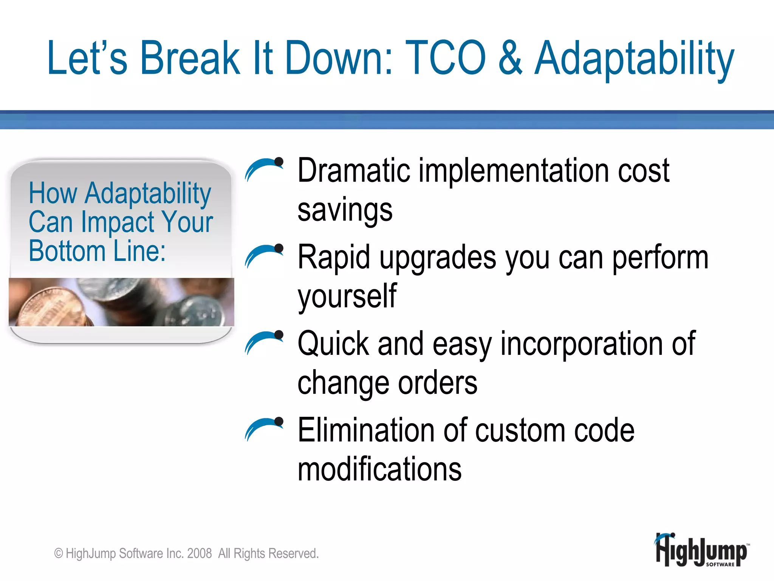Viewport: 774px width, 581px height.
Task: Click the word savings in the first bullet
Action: coord(345,211)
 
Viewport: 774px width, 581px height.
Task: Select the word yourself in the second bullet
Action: coord(347,297)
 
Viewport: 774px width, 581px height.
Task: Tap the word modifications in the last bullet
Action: coord(379,469)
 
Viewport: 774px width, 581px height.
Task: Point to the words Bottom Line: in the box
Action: coord(97,251)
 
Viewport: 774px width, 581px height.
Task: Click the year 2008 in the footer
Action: coord(199,553)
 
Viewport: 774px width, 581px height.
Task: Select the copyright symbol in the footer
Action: coord(59,553)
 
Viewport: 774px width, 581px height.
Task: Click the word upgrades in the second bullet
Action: coord(438,258)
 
